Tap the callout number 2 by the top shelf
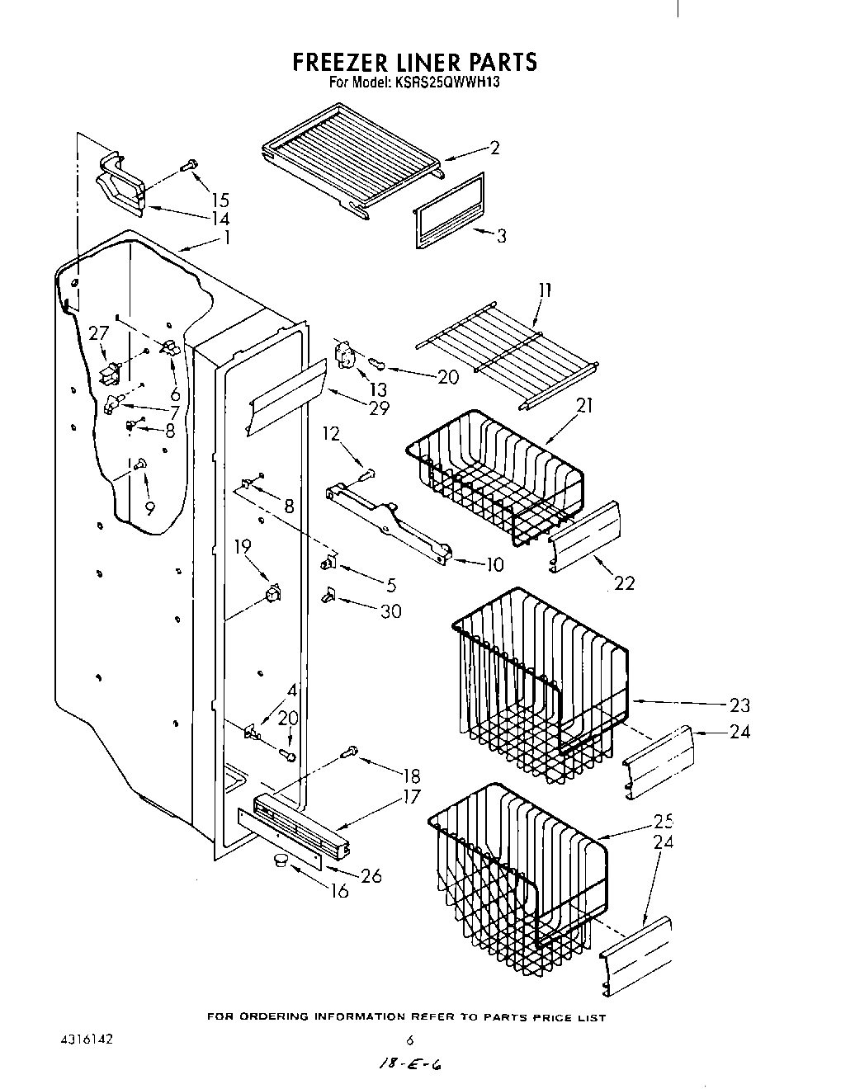point(494,148)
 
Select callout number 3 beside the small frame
point(501,236)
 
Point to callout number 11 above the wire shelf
point(545,290)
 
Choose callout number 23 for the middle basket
point(739,705)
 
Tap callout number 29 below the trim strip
point(379,408)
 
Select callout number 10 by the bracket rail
point(494,566)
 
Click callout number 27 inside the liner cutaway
point(99,333)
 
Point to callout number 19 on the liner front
point(242,545)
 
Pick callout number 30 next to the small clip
point(391,611)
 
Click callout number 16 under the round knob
point(339,891)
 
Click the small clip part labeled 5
point(328,563)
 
